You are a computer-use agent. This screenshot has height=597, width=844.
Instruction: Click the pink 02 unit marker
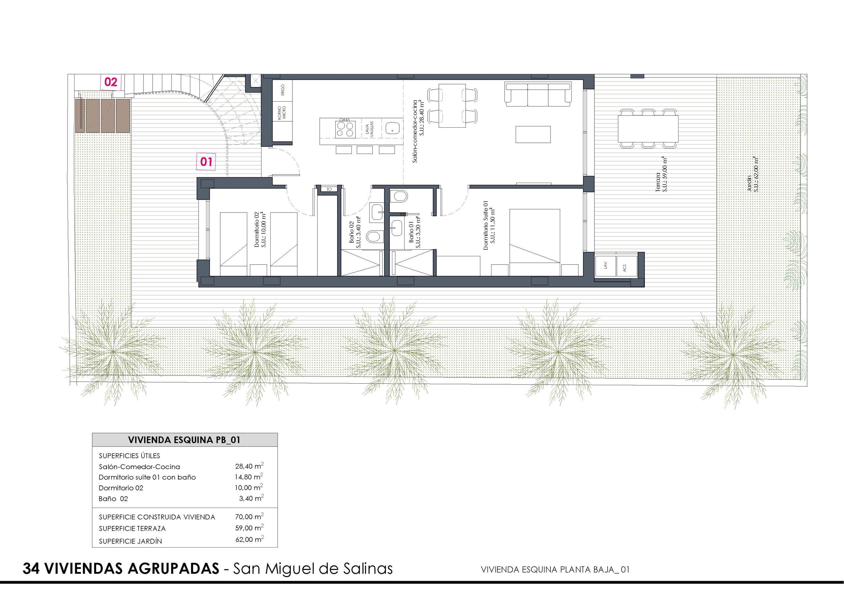(111, 82)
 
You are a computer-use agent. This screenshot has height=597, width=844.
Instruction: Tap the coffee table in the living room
(533, 134)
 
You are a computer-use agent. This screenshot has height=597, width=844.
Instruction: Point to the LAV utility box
(605, 265)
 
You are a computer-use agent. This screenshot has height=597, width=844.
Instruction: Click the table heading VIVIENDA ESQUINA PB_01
(184, 440)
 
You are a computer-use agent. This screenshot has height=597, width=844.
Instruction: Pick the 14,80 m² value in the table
(249, 477)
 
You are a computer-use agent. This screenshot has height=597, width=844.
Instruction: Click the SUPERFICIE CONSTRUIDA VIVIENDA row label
(157, 517)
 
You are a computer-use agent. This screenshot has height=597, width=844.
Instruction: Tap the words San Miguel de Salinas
(313, 568)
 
